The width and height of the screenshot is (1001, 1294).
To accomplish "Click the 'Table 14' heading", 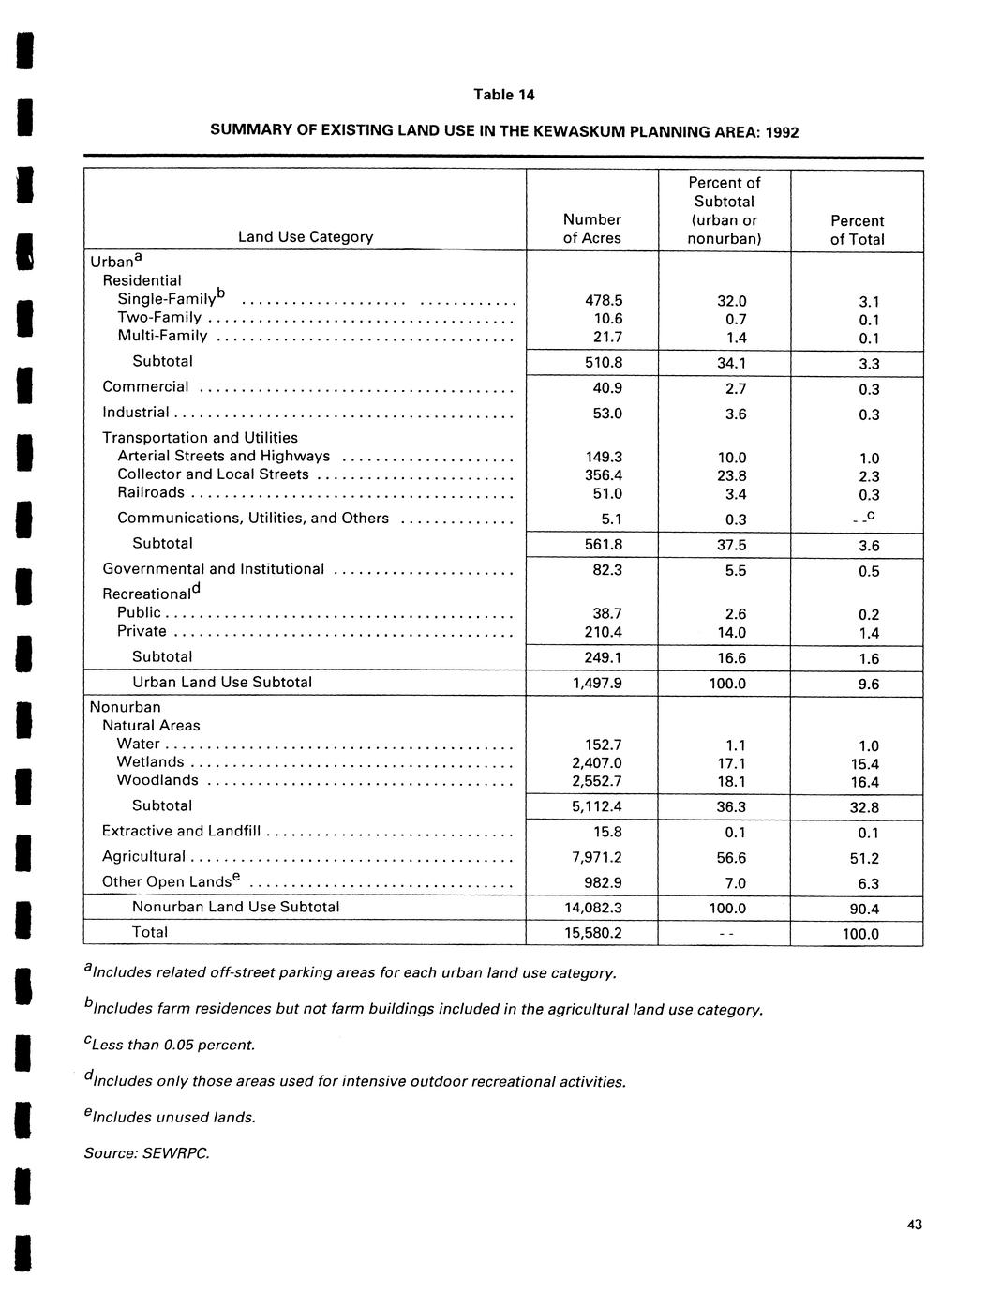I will [x=503, y=95].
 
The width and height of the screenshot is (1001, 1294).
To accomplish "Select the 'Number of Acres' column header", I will [x=591, y=229].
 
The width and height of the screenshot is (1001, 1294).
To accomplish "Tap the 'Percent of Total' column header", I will [x=857, y=230].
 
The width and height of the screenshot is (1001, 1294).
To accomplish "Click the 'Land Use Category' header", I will [x=306, y=237].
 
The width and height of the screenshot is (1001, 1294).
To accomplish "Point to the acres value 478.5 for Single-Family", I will [x=604, y=301].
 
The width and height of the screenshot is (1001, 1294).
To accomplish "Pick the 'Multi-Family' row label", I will [x=162, y=336].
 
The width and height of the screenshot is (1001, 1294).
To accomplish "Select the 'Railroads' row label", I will [x=151, y=492].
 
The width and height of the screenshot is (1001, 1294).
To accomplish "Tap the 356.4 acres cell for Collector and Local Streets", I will [x=604, y=475].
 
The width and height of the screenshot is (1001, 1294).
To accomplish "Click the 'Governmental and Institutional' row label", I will [x=213, y=569].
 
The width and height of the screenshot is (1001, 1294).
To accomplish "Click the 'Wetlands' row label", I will [x=150, y=761].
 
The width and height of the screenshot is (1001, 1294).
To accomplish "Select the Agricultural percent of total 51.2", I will [x=864, y=859].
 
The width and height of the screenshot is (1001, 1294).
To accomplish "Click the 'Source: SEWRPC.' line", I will [x=146, y=1153].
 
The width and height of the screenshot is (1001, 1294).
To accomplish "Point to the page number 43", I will [x=915, y=1225].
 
